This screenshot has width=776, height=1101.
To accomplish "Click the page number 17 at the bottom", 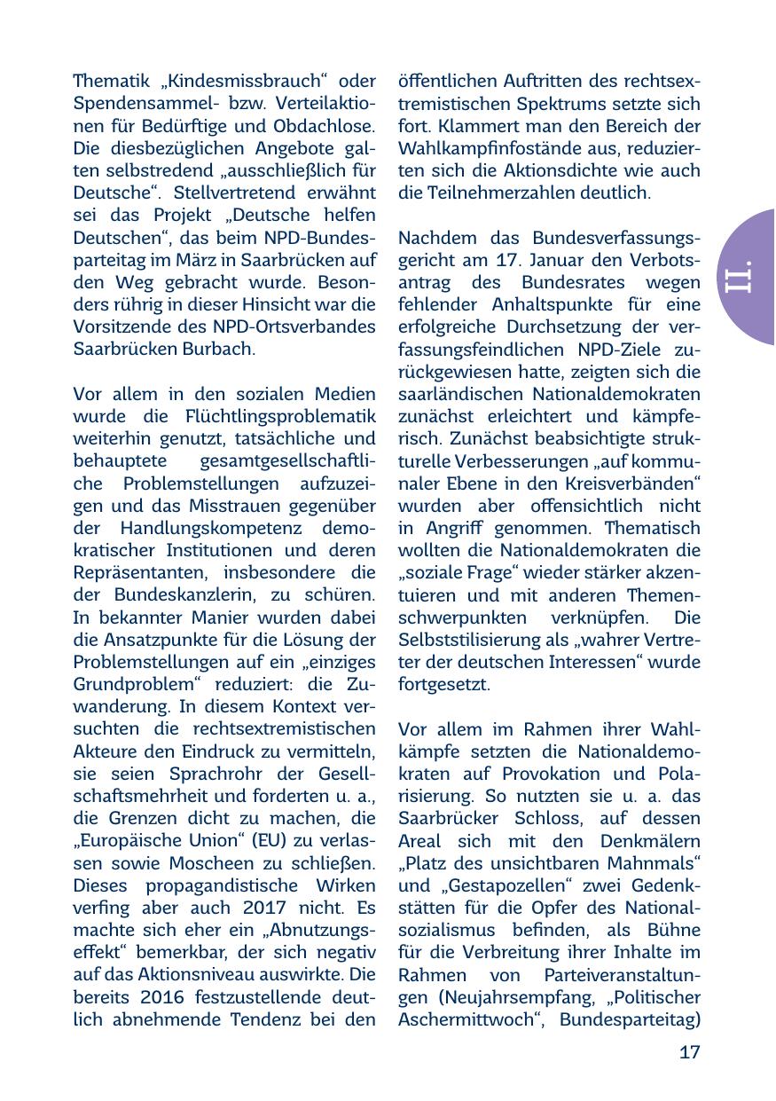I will point(689,1053).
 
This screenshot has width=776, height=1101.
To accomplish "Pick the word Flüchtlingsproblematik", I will point(281,417).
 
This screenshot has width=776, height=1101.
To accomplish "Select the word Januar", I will point(564,260).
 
